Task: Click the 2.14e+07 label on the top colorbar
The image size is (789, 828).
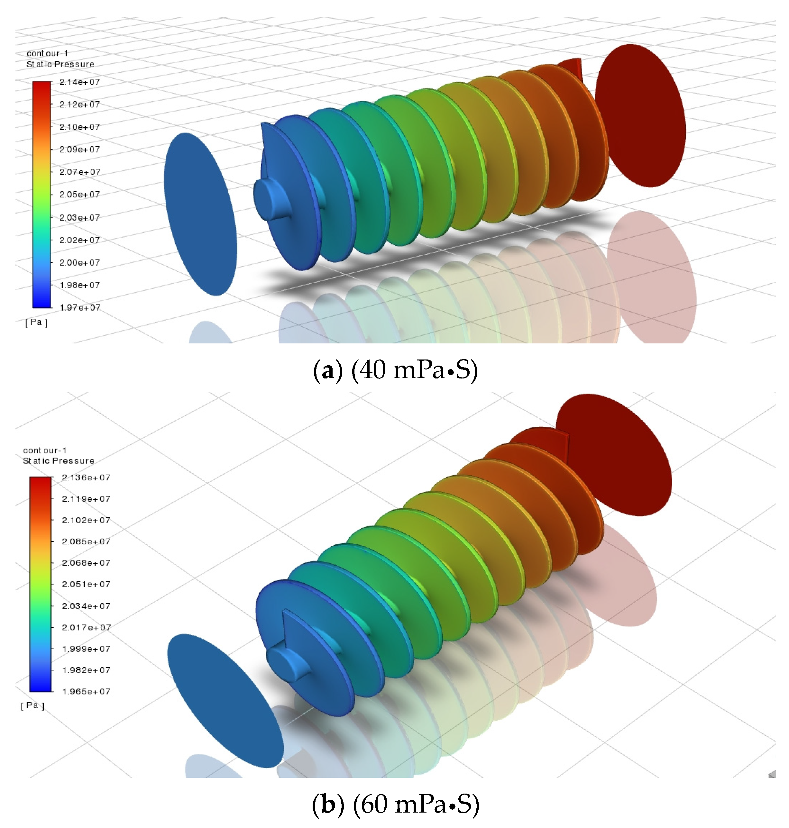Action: coord(79,82)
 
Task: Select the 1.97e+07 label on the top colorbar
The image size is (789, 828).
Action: coord(80,307)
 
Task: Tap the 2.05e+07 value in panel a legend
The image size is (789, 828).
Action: coord(79,194)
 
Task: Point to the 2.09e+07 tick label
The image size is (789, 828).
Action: coord(79,149)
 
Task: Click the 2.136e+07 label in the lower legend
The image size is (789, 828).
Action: coord(86,477)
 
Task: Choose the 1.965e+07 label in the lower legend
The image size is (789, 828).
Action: coord(86,691)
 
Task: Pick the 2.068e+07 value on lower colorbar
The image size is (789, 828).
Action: coord(86,563)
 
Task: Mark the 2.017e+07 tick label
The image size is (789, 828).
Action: coord(86,627)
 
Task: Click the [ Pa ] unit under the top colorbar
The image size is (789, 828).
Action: coord(36,322)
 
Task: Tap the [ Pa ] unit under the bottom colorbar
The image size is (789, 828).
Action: coord(32,705)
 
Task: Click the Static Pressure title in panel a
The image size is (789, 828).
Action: coord(60,64)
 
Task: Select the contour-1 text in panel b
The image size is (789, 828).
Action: coord(45,450)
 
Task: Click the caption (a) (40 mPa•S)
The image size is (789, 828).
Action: coord(395,370)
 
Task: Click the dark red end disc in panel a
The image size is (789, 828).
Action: coord(640,116)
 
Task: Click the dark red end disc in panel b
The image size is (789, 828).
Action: coord(614,454)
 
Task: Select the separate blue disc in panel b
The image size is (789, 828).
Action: coord(225,700)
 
